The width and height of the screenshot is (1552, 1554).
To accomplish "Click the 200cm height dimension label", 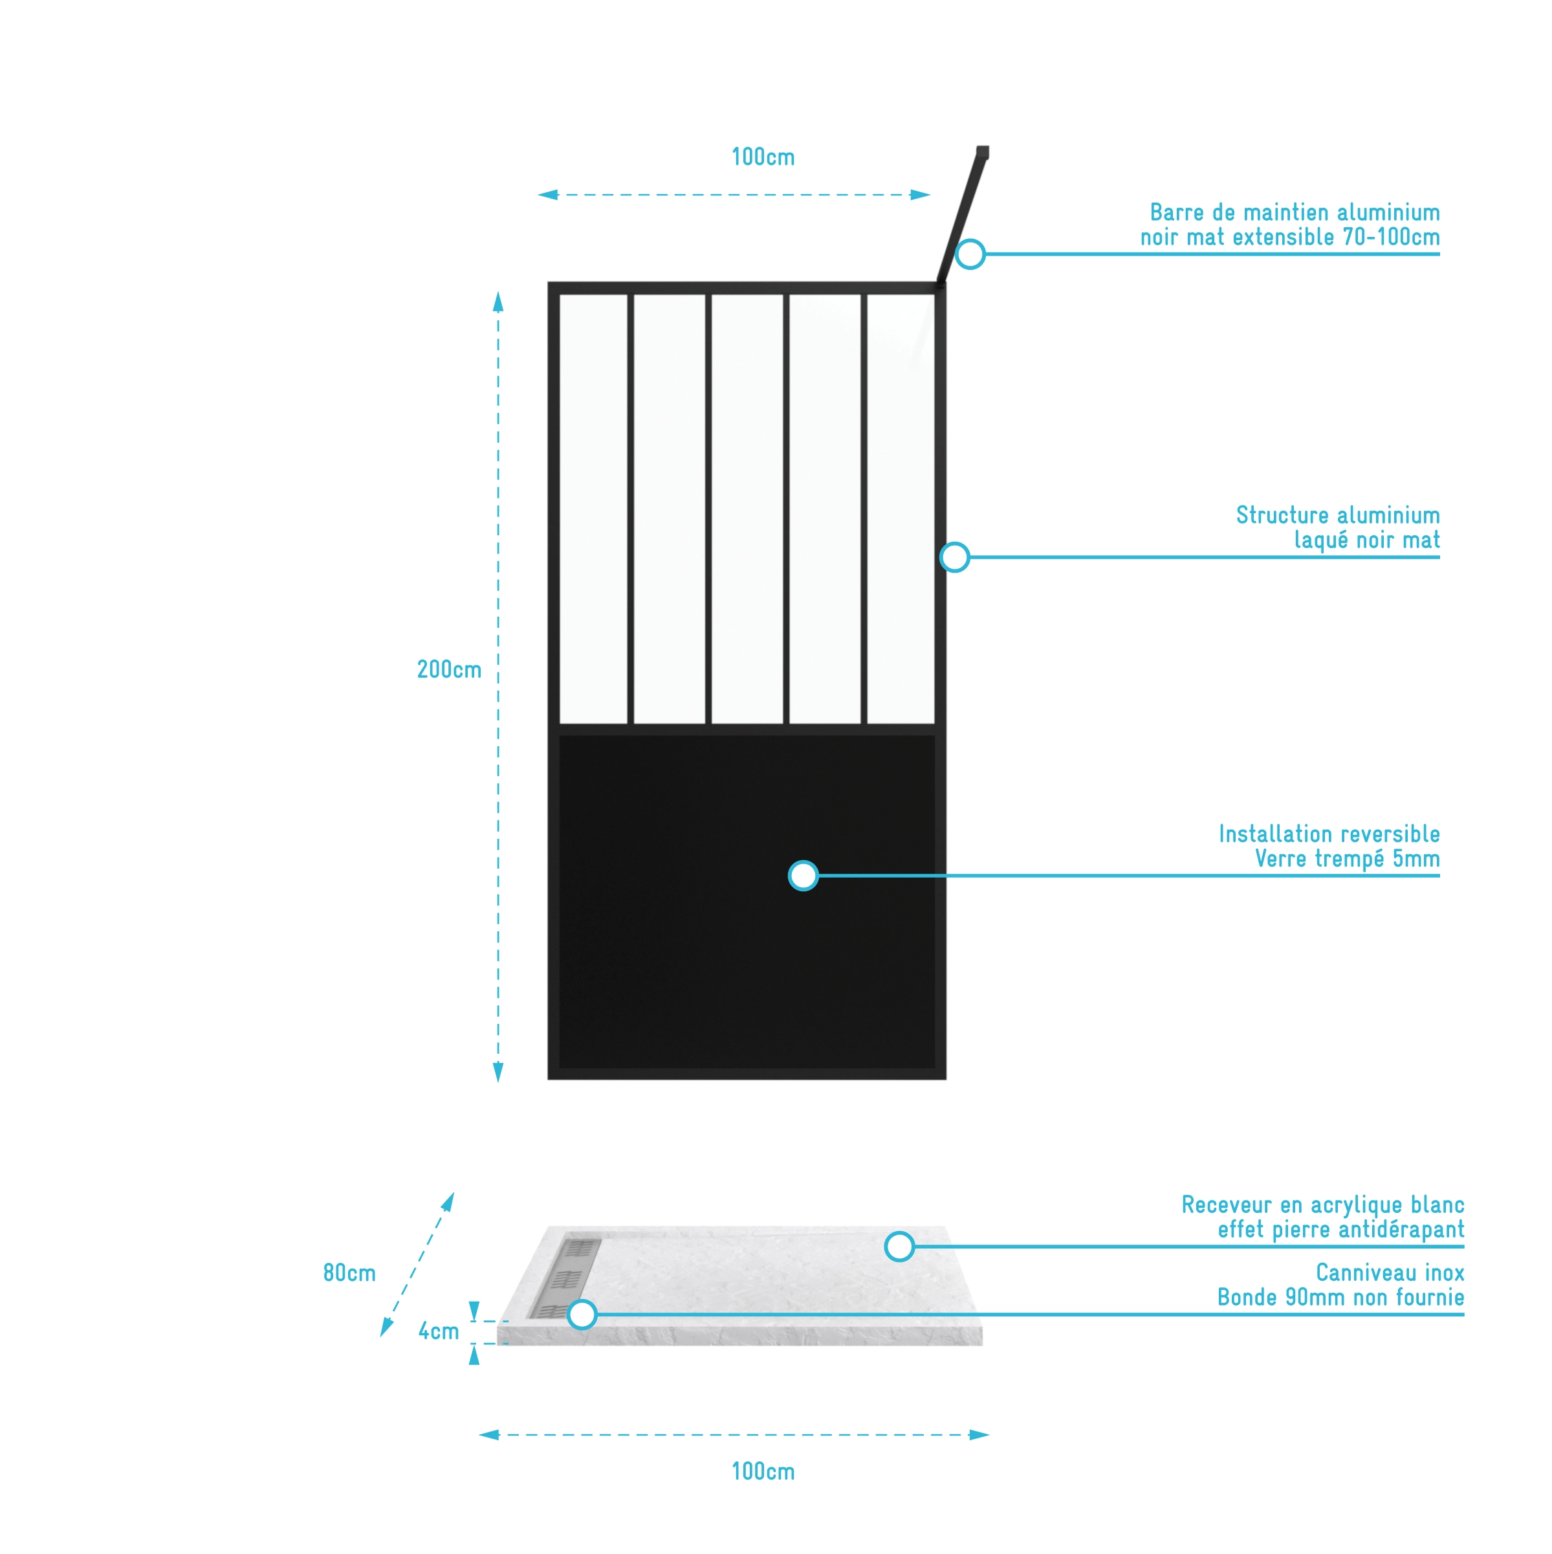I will (449, 669).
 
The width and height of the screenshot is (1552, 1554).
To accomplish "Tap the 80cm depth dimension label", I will (349, 1272).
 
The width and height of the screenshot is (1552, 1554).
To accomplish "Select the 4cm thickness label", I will (438, 1331).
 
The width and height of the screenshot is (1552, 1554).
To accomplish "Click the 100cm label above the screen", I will (762, 157).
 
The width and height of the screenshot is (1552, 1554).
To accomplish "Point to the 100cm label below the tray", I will (762, 1471).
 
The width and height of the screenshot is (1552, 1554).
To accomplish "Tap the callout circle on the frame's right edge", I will (954, 557).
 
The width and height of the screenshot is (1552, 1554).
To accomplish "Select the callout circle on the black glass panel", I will (803, 876).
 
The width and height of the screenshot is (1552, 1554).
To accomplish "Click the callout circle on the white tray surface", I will (899, 1246).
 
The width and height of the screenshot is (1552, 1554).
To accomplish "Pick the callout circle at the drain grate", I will (582, 1315).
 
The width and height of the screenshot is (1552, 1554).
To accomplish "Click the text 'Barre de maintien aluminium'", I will (1294, 212).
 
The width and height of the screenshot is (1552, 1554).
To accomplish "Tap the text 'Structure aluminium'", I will (1337, 515).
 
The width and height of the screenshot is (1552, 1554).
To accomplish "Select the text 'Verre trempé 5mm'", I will (1347, 858).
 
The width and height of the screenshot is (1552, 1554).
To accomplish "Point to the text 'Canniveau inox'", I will (1390, 1272).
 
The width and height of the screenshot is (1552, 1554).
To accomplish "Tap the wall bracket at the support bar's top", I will (982, 152).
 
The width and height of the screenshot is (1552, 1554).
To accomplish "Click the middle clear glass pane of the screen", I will (747, 508).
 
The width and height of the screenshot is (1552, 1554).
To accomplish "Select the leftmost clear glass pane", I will (593, 508).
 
